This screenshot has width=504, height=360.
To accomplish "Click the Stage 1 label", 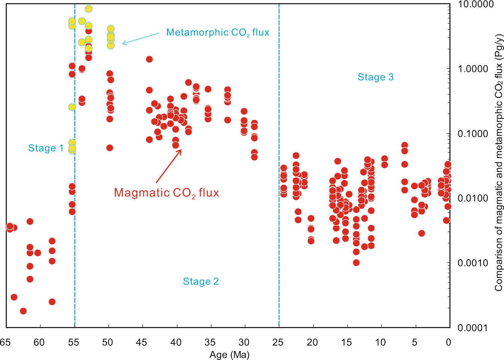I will [x=46, y=148].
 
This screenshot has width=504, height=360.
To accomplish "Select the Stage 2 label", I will [x=201, y=281].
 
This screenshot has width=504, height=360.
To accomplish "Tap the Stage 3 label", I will [x=376, y=77].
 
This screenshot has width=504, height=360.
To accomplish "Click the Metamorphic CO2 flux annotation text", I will [x=218, y=33].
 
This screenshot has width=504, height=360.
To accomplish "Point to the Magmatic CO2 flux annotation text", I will [x=166, y=193].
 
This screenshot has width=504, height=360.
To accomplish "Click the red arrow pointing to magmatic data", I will [x=168, y=166].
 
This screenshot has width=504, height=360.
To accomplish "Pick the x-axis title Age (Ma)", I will [x=229, y=354].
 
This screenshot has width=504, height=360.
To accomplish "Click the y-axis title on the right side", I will [x=498, y=163].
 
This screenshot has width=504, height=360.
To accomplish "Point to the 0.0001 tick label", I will [x=473, y=328].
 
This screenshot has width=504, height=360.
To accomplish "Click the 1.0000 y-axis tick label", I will [x=473, y=69].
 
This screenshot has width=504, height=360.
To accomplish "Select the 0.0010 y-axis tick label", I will [x=473, y=263].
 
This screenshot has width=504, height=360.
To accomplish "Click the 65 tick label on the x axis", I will [x=5, y=342].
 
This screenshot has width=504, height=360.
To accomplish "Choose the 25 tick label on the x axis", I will [x=278, y=342].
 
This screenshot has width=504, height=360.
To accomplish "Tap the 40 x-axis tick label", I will [x=176, y=342].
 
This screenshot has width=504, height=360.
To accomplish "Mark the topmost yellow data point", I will [x=88, y=9].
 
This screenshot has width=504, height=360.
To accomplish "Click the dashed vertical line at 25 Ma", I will [x=279, y=225].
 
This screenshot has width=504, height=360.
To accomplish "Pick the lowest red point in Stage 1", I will [x=23, y=311].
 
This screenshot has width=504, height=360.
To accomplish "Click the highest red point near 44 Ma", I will [x=149, y=59].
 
